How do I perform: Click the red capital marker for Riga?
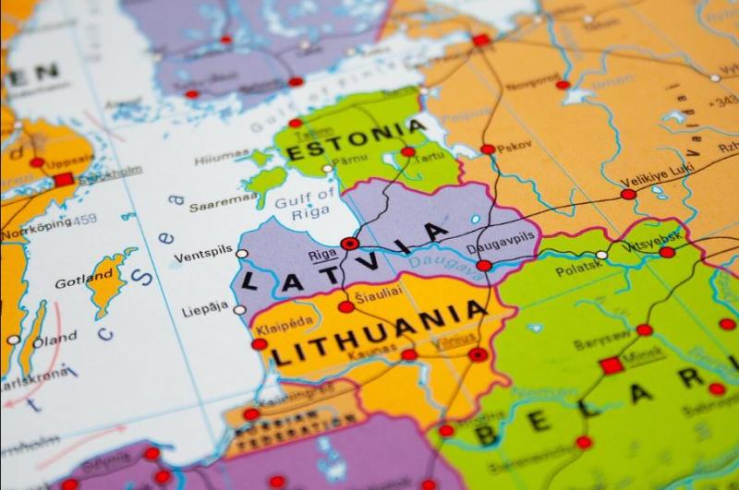[x=349, y=244]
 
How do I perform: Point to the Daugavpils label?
[x=501, y=237]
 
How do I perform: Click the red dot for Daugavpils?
[x=483, y=266]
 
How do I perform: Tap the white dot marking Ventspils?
[x=242, y=253]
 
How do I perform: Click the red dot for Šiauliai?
[x=345, y=306]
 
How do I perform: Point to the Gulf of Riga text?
[x=313, y=202]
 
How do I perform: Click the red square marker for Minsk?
[x=611, y=365]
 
